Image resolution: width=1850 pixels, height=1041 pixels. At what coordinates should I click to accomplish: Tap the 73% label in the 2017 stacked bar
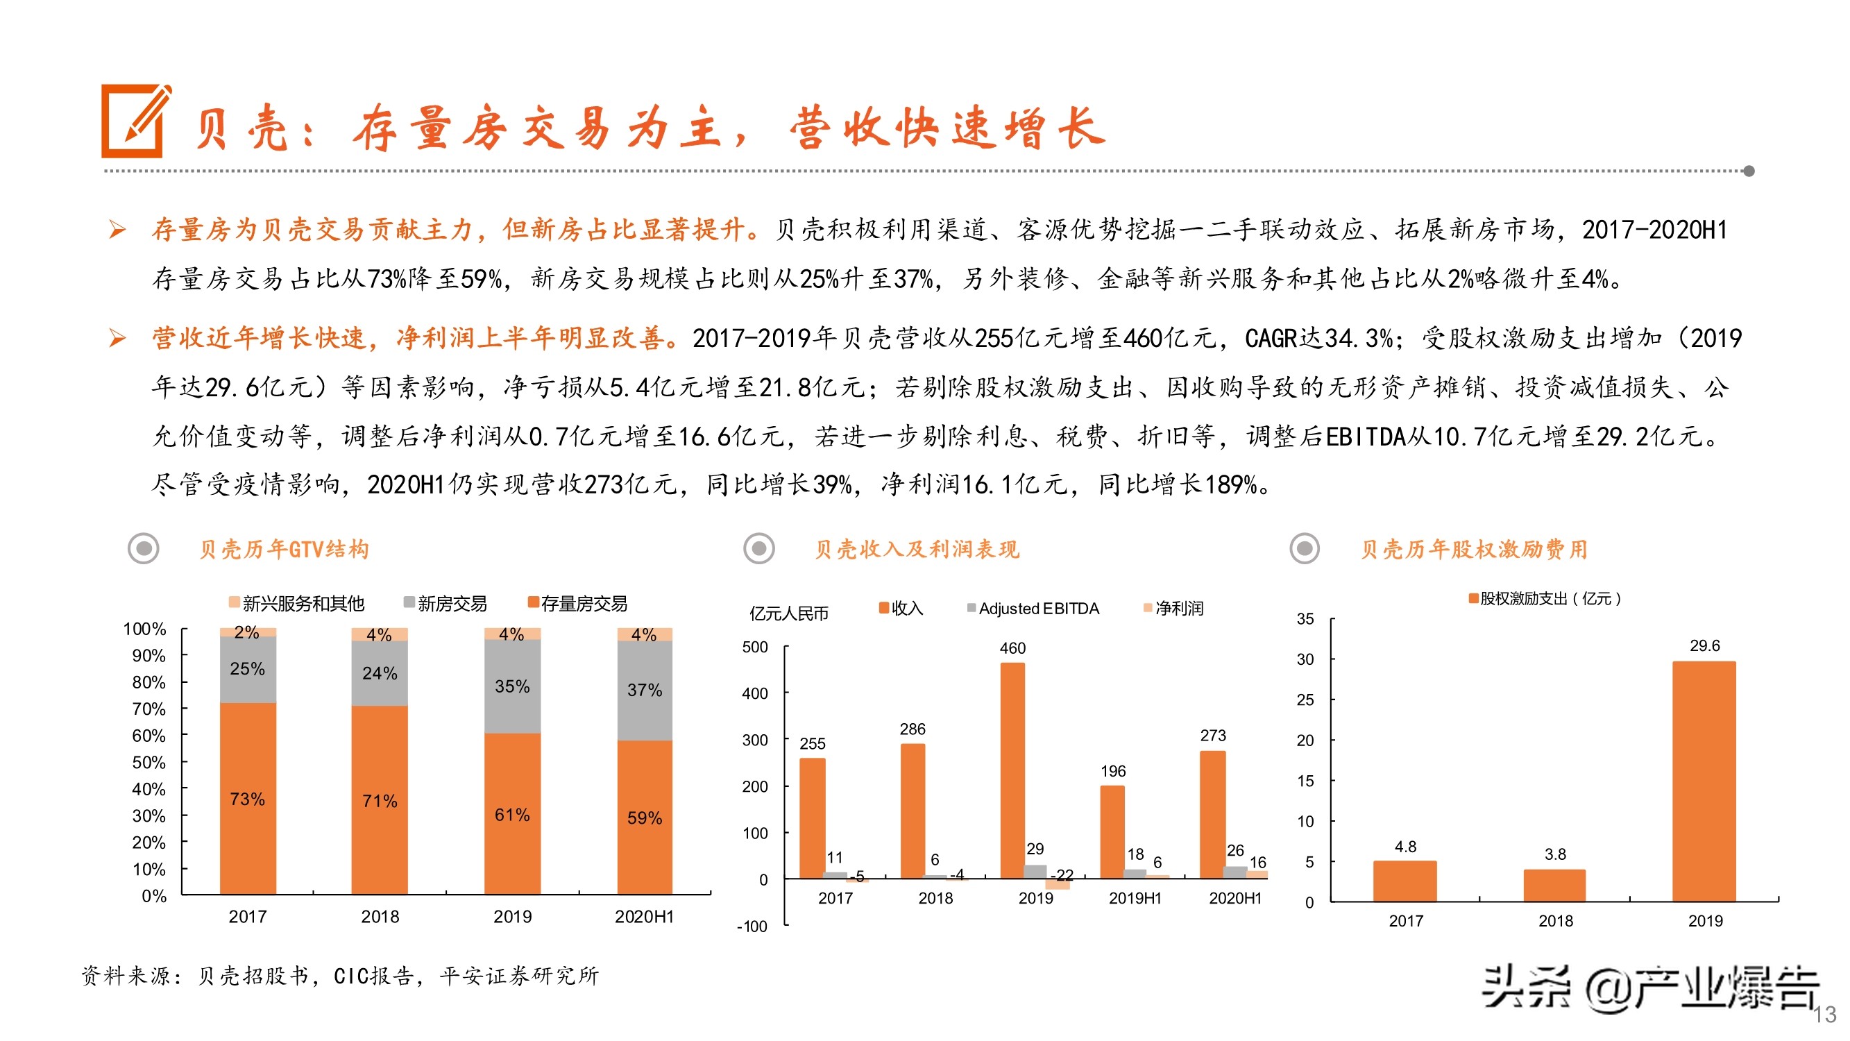coord(247,799)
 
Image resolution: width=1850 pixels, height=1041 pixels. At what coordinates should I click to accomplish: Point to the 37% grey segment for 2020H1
coord(644,691)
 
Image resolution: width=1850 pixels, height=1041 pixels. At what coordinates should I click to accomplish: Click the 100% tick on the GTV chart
coord(144,629)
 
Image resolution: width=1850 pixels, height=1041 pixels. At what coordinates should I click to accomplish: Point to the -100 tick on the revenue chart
coord(752,926)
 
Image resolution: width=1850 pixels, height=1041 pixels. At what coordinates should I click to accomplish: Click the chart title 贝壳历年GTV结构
coord(284,550)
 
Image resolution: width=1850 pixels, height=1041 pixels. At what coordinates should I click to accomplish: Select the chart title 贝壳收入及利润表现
coord(917,550)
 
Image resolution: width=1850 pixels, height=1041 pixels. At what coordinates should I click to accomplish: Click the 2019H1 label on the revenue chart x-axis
coord(1135,898)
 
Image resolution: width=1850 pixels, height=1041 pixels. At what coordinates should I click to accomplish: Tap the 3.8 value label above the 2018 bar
coord(1555,854)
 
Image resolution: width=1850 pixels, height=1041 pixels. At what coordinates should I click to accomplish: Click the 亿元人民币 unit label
coord(788,613)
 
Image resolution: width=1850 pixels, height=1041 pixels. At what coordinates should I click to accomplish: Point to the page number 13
coord(1824,1015)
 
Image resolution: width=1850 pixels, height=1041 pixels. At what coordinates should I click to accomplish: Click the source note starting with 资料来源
coord(340,976)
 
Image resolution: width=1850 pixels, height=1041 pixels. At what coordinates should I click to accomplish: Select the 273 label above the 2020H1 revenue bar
coord(1213,736)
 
